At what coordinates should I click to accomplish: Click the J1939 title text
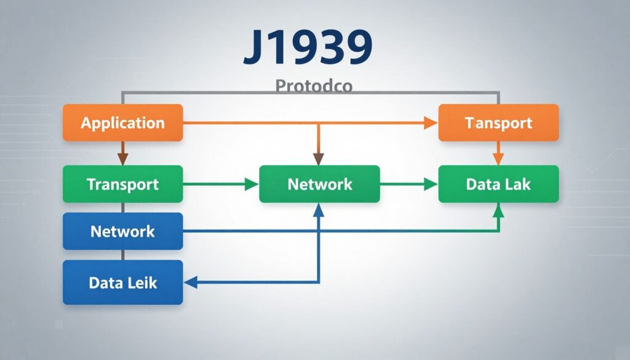pyautogui.click(x=308, y=47)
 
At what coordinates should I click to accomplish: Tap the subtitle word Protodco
pyautogui.click(x=314, y=86)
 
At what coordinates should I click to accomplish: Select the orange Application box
pyautogui.click(x=123, y=122)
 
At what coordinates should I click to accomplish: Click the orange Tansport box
pyautogui.click(x=498, y=122)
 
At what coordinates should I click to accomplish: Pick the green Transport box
pyautogui.click(x=123, y=184)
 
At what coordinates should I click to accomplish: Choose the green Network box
pyautogui.click(x=320, y=184)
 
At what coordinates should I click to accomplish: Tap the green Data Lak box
pyautogui.click(x=498, y=184)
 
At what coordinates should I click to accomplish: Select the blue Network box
pyautogui.click(x=123, y=231)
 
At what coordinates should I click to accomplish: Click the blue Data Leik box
pyautogui.click(x=123, y=282)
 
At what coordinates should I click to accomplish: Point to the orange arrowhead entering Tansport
pyautogui.click(x=431, y=122)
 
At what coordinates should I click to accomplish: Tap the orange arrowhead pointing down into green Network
pyautogui.click(x=319, y=159)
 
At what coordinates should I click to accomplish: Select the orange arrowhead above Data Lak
pyautogui.click(x=498, y=159)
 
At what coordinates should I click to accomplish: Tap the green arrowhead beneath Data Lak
pyautogui.click(x=498, y=210)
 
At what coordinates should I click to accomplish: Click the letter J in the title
pyautogui.click(x=257, y=47)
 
